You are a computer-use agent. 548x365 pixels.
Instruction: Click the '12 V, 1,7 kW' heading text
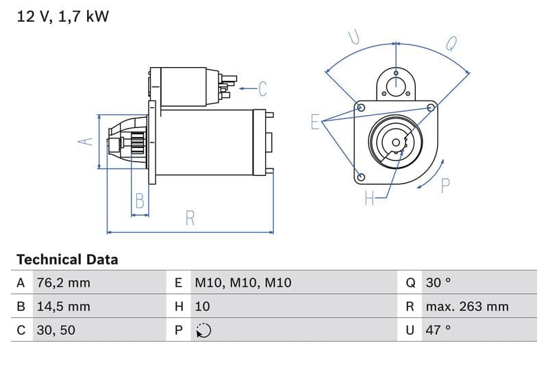click(62, 16)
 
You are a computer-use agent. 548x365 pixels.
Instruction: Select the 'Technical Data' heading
click(67, 260)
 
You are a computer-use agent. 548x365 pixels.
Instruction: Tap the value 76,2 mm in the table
click(62, 283)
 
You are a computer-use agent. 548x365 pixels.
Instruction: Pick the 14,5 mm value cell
click(62, 306)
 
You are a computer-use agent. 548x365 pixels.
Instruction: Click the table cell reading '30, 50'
click(55, 329)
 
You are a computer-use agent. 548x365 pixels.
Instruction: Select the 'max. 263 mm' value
click(466, 306)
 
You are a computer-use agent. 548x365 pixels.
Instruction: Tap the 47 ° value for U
click(438, 329)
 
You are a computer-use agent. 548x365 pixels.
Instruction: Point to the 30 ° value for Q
click(438, 283)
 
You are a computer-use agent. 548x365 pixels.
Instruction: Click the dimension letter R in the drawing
click(190, 218)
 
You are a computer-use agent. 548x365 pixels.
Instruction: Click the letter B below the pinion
click(140, 201)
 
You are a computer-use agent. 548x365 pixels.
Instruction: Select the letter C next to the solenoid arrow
click(262, 88)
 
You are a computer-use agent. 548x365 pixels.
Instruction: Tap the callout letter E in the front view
click(315, 122)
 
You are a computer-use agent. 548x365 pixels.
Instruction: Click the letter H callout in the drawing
click(369, 199)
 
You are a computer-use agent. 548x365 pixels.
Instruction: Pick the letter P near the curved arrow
click(445, 185)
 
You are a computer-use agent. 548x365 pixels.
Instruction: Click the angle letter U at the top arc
click(354, 37)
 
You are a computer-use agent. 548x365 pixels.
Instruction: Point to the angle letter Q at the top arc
click(451, 43)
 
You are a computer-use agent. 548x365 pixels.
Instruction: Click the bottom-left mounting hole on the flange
click(360, 177)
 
